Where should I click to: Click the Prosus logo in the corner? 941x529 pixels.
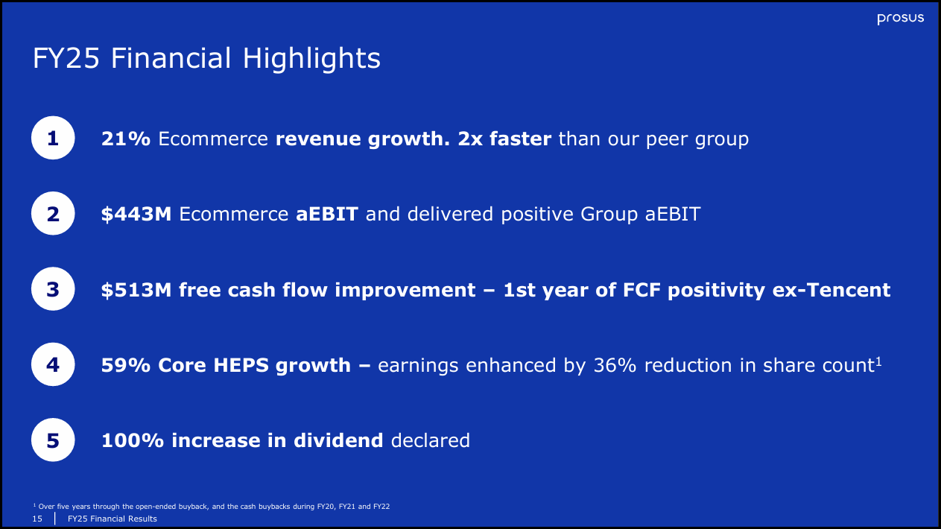click(900, 18)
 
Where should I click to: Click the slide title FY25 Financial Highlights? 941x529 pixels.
click(206, 59)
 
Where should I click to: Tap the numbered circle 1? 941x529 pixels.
click(53, 139)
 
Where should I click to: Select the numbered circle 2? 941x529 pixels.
click(53, 215)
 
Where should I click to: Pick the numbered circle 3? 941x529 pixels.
click(53, 290)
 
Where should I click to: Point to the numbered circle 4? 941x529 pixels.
click(53, 365)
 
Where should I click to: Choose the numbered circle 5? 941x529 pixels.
click(53, 440)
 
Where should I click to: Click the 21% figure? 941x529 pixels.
click(126, 139)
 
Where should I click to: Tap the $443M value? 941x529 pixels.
click(136, 215)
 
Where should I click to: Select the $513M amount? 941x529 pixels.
click(136, 290)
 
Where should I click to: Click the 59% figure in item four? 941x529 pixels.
click(126, 365)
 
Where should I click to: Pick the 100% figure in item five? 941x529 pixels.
click(133, 440)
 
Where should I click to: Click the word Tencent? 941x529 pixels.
click(851, 290)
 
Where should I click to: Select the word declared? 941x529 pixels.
click(430, 440)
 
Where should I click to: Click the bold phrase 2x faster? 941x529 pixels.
click(505, 139)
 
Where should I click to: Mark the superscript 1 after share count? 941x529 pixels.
click(879, 361)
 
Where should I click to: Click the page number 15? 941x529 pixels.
click(37, 519)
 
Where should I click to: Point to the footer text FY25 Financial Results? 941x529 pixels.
click(113, 519)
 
